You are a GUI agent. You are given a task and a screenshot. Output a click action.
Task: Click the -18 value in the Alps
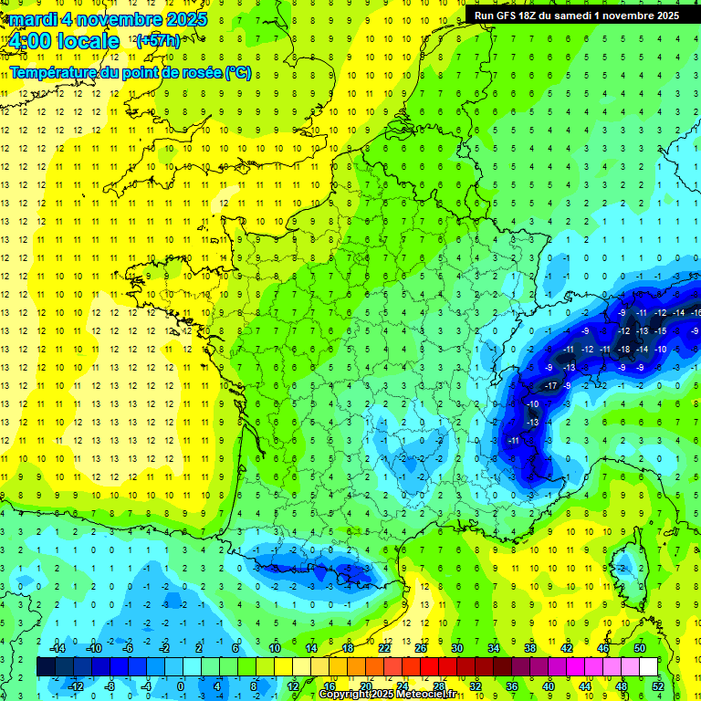[624, 349]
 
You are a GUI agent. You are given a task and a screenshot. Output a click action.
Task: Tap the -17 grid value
[550, 386]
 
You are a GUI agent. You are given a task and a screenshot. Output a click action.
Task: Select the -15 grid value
[660, 330]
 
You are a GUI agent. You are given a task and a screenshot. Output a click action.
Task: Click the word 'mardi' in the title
[34, 19]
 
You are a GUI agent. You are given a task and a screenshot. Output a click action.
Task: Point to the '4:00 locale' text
[62, 41]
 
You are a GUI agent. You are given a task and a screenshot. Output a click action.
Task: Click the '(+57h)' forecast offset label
[157, 41]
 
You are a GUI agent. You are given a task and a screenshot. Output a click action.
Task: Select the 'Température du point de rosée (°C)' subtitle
[130, 72]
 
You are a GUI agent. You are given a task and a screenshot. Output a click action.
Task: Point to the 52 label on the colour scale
[657, 685]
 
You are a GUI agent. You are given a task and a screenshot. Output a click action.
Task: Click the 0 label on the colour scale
[180, 685]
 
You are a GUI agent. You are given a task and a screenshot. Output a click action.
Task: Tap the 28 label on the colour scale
[438, 685]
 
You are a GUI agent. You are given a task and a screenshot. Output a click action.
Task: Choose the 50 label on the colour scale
[640, 647]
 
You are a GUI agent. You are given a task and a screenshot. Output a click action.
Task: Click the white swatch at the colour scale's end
[648, 666]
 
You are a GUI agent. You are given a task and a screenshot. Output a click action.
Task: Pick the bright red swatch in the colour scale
[429, 666]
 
